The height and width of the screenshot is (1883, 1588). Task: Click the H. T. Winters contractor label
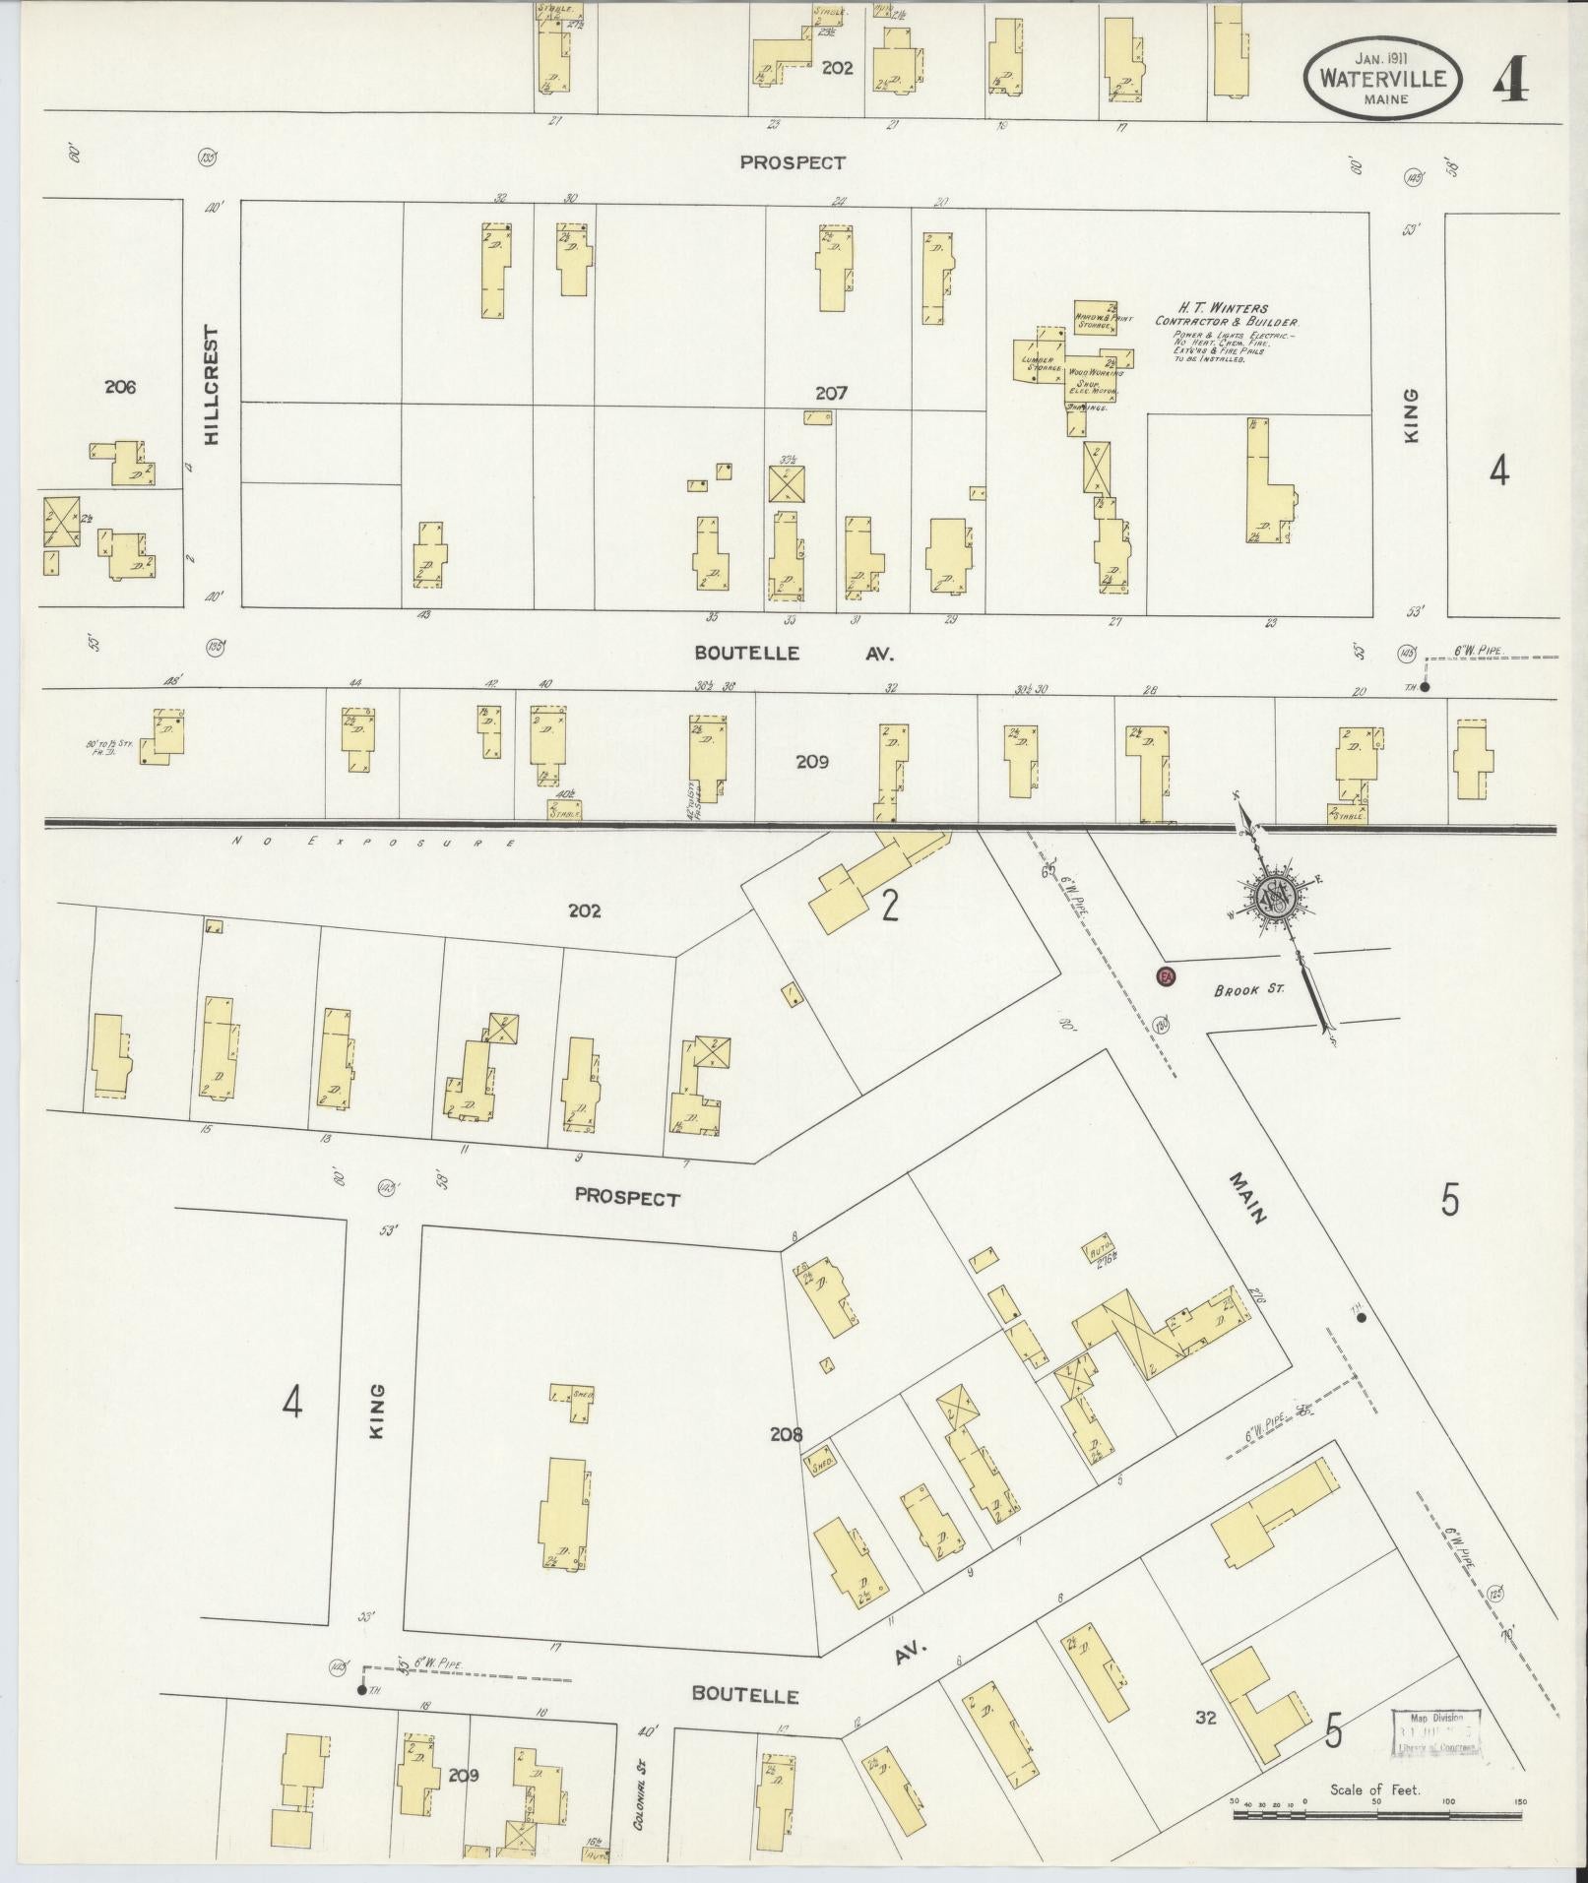coord(1226,315)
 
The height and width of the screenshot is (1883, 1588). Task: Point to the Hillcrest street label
coord(211,386)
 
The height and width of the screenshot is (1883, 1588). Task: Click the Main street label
coord(1248,1198)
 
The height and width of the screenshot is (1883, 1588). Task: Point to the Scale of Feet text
coord(1374,1789)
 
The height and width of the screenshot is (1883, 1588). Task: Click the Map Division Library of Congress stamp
coord(1436,1731)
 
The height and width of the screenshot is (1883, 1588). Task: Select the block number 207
coord(831,393)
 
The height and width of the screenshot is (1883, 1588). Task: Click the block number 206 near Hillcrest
coord(119,387)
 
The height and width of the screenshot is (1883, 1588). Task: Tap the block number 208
coord(787,1434)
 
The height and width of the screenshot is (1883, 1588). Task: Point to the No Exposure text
coord(374,843)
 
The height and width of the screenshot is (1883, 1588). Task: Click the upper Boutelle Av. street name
coord(793,653)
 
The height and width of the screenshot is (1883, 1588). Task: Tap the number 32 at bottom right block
coord(1205,1718)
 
